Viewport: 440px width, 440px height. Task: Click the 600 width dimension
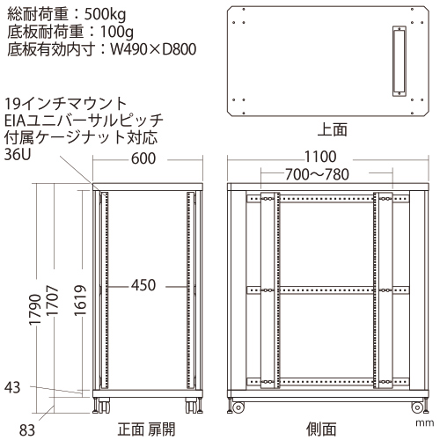tap(143, 158)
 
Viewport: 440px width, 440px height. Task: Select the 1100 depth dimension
tap(320, 157)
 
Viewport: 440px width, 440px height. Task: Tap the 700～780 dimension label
tap(317, 174)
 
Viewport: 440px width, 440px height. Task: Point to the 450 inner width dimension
tap(143, 285)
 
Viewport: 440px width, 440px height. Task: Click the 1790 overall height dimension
tap(35, 310)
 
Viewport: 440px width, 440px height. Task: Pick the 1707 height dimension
tap(53, 300)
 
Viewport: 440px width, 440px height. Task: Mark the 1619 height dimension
tap(80, 300)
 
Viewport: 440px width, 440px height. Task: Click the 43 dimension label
tap(12, 387)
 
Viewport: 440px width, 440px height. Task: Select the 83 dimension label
tap(27, 430)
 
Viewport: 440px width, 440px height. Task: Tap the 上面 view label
tap(333, 129)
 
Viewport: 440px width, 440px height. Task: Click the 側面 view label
tap(321, 429)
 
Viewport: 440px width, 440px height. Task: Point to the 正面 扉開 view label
tap(146, 429)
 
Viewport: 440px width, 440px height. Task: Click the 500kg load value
tap(106, 14)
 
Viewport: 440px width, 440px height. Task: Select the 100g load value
tap(117, 32)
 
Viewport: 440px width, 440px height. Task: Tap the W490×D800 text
tap(153, 49)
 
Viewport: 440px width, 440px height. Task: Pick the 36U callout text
tap(18, 154)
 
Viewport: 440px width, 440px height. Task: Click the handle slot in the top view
tap(400, 61)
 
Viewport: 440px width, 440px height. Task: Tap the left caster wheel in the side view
tap(238, 407)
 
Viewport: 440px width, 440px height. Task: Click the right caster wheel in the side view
tap(416, 407)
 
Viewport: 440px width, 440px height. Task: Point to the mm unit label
tap(424, 423)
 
